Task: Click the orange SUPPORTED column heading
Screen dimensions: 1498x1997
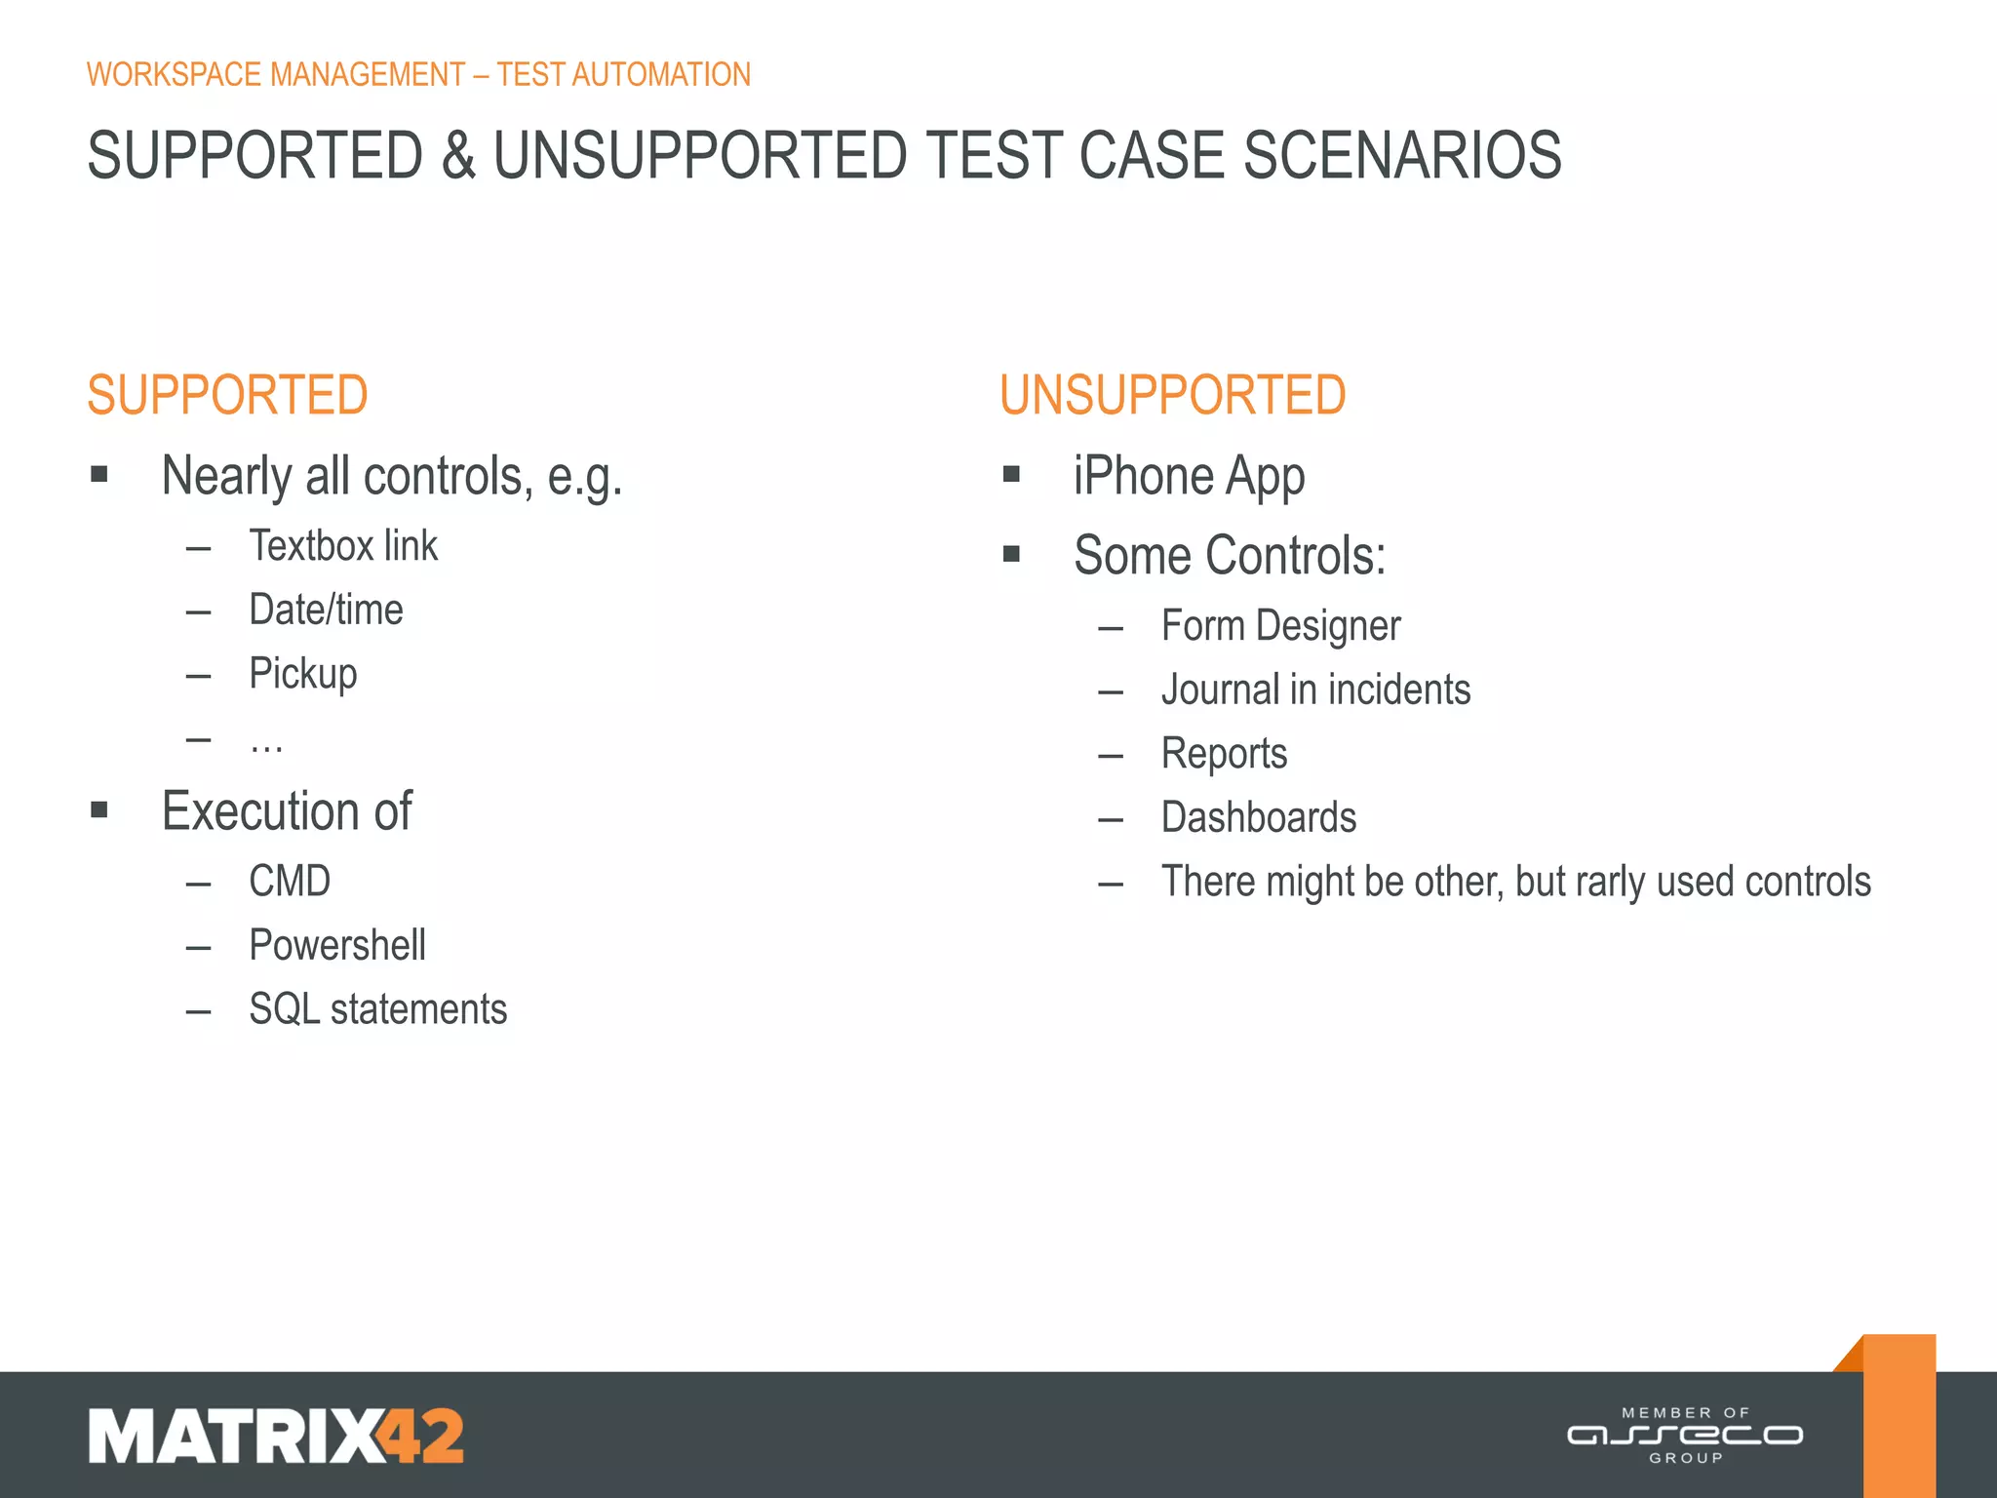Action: [x=227, y=395]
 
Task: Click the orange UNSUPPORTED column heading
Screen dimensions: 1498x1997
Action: [x=1172, y=395]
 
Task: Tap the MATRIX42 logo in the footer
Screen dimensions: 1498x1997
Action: [x=276, y=1436]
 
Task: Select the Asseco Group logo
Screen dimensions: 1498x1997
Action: [x=1685, y=1435]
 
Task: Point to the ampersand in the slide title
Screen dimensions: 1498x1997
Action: [x=458, y=156]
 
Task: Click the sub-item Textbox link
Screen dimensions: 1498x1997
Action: [x=343, y=546]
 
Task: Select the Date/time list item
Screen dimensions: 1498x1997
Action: [x=326, y=610]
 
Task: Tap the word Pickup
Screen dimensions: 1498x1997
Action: [x=303, y=674]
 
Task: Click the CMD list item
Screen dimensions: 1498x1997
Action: [x=290, y=882]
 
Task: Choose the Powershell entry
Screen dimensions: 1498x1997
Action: [x=337, y=945]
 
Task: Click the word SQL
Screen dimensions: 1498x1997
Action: [x=284, y=1009]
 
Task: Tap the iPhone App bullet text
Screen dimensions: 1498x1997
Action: [x=1189, y=477]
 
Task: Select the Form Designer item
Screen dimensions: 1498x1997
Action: [x=1280, y=626]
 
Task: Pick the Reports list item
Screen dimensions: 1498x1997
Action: [x=1224, y=754]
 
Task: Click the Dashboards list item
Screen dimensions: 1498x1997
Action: [x=1259, y=817]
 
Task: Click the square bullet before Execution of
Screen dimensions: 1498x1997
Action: [x=99, y=809]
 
